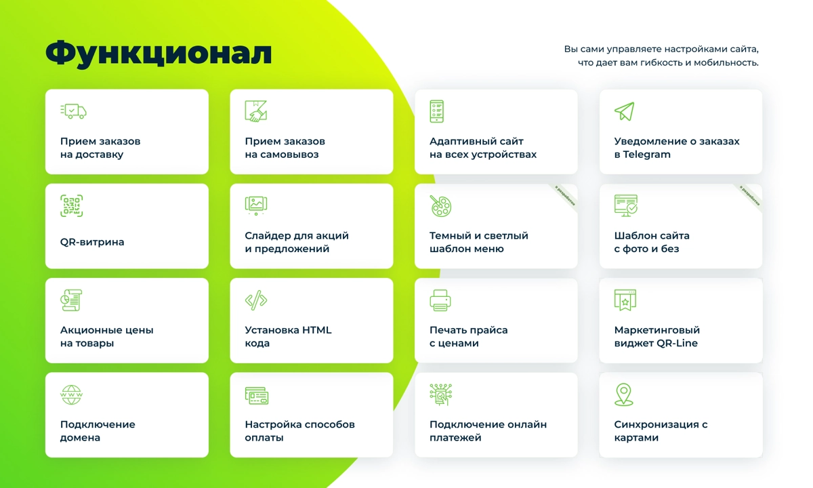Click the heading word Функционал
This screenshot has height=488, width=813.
tap(159, 54)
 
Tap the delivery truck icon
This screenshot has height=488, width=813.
tap(73, 110)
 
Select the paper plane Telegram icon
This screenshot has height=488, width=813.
tap(624, 111)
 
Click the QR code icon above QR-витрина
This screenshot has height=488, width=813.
tap(71, 205)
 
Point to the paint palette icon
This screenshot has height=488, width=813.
tap(440, 205)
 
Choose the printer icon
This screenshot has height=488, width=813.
tap(440, 300)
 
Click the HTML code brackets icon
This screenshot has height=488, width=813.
tap(255, 300)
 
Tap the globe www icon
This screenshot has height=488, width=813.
tap(71, 394)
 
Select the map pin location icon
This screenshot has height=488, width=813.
tap(623, 394)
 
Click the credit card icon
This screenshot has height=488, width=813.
tap(257, 396)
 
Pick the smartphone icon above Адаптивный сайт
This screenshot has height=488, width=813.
tap(437, 111)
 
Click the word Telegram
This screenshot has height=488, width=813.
tap(648, 155)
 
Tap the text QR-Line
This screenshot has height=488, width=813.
tap(677, 343)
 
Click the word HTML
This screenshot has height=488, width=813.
tap(316, 330)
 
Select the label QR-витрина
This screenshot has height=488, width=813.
tap(92, 242)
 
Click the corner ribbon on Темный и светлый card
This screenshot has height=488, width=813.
tap(566, 195)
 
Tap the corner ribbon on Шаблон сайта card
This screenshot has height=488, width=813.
tap(750, 195)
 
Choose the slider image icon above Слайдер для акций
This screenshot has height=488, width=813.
tap(255, 205)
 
